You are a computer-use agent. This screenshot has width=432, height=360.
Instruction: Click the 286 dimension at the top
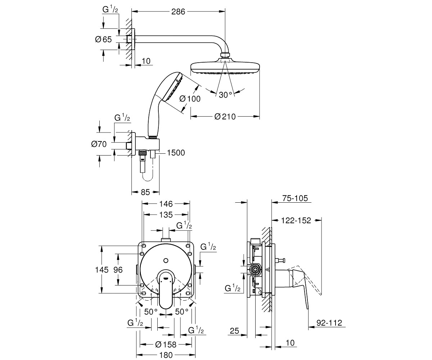[178, 12]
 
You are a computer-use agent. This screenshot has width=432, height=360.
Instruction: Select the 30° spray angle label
[225, 95]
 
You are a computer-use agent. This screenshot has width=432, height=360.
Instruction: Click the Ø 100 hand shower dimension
[189, 98]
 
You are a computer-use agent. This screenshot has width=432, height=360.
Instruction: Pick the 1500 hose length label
[175, 153]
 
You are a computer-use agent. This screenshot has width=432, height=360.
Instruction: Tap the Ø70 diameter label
[99, 144]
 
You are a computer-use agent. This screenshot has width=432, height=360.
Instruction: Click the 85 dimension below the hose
[145, 192]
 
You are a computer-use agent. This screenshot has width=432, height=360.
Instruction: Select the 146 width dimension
[166, 204]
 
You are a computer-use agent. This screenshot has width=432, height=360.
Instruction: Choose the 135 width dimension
[166, 215]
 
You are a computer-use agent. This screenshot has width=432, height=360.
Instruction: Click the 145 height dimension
[102, 270]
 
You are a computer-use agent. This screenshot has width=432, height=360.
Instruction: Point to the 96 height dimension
[118, 270]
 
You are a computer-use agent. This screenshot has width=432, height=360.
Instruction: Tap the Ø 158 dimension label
[166, 345]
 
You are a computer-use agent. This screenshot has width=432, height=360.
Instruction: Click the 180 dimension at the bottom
[166, 355]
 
